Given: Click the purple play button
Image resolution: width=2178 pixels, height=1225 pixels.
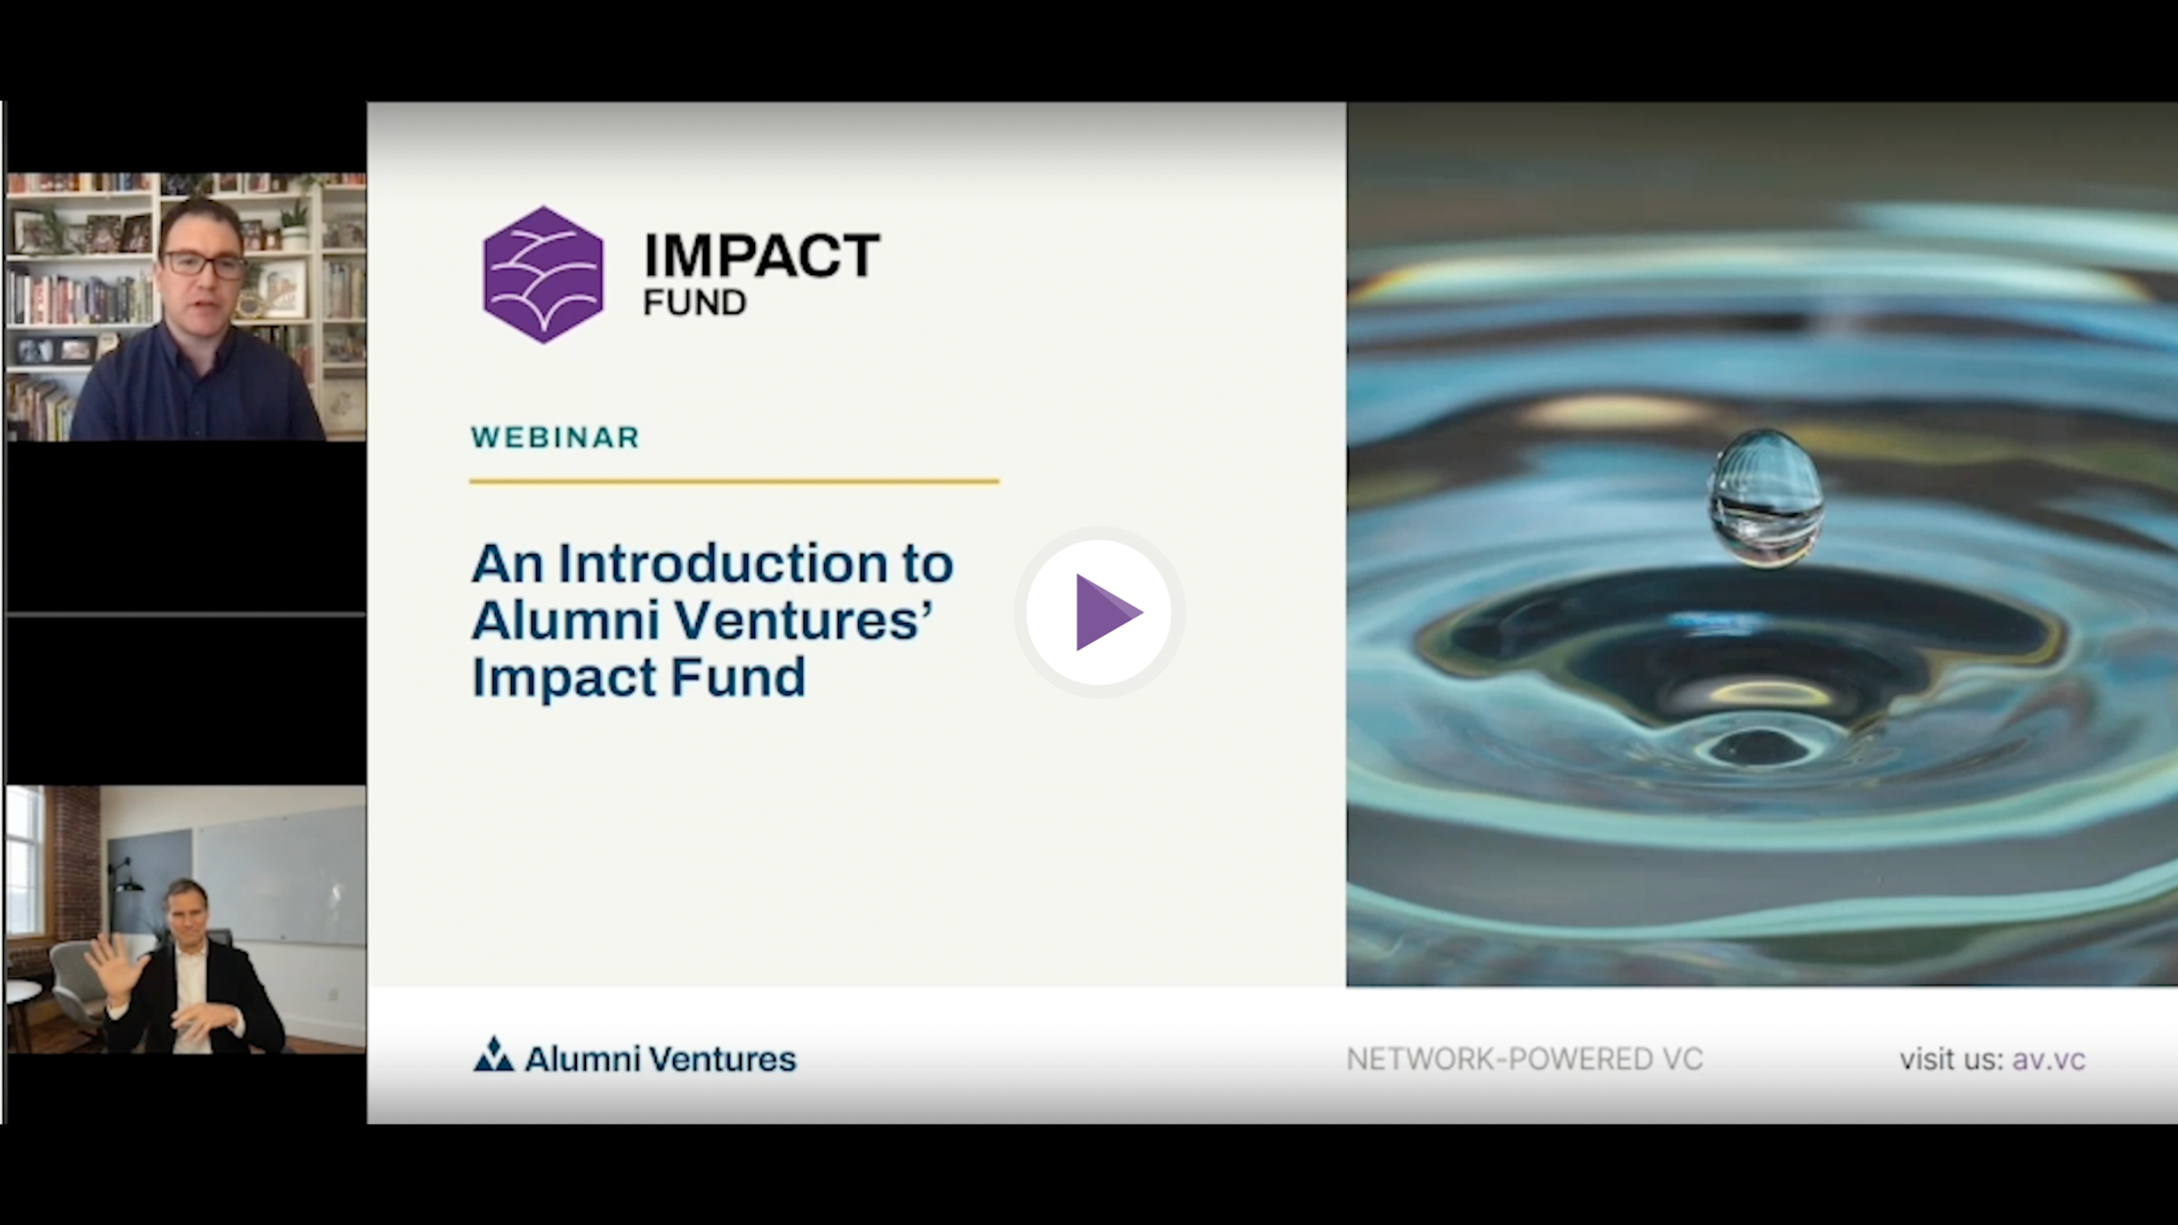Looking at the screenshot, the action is click(x=1099, y=612).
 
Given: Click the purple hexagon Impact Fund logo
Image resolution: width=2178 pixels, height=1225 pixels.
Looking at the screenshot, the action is click(x=543, y=274).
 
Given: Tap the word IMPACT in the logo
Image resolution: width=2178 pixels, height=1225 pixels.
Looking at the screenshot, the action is click(x=762, y=255).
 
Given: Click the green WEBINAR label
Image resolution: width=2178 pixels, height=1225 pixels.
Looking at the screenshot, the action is click(x=555, y=437).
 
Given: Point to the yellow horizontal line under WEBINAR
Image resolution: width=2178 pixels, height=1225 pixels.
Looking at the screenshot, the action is click(x=734, y=481).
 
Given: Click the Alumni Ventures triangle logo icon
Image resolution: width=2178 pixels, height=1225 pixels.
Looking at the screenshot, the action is click(x=494, y=1054).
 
